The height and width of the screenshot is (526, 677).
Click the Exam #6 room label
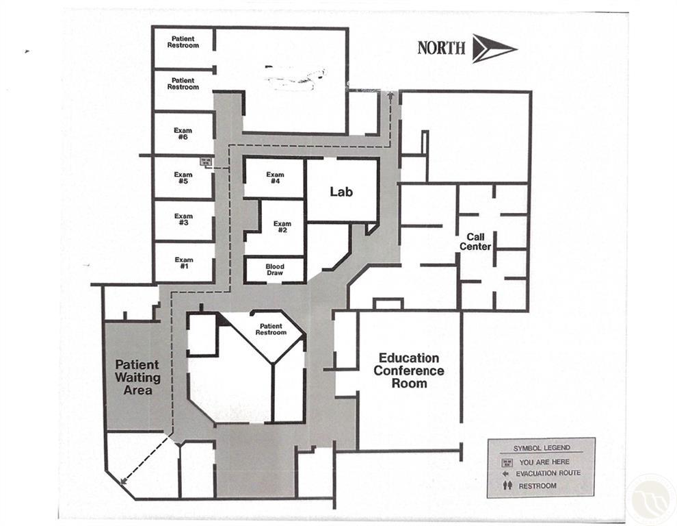point(183,134)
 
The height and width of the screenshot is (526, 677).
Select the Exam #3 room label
point(183,220)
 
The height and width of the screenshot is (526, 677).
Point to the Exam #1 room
point(183,263)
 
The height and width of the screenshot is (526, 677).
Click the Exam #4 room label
point(275,178)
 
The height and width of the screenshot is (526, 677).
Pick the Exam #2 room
point(282,227)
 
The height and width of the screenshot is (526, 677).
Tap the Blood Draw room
point(275,269)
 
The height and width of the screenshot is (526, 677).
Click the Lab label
point(341,192)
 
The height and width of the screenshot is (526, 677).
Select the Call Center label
point(475,242)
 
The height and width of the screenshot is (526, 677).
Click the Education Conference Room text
point(409,371)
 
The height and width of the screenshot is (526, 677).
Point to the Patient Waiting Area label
point(137,377)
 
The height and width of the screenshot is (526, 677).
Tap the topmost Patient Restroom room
point(183,42)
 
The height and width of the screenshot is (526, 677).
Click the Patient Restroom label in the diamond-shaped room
point(271,329)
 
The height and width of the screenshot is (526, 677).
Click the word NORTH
point(442,48)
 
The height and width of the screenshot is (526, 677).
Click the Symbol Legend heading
point(541,448)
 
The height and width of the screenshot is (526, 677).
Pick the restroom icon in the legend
point(507,486)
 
